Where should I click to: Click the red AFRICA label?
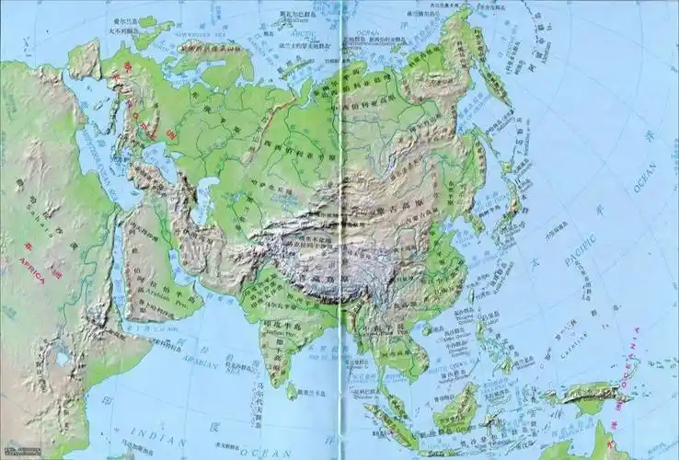[30, 270]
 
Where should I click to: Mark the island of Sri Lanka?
[292, 390]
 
